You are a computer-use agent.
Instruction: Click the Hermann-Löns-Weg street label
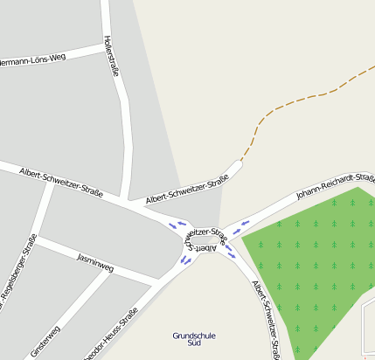(x=33, y=60)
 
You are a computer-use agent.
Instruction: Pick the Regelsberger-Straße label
(x=18, y=270)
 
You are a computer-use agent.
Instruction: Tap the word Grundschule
(x=194, y=335)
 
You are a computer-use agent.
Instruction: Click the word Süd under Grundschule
(x=194, y=343)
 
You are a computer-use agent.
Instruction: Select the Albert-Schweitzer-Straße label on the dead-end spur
(x=187, y=189)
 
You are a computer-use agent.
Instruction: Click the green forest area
(x=315, y=262)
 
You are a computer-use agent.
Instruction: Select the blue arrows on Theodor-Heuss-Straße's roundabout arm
(x=185, y=260)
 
